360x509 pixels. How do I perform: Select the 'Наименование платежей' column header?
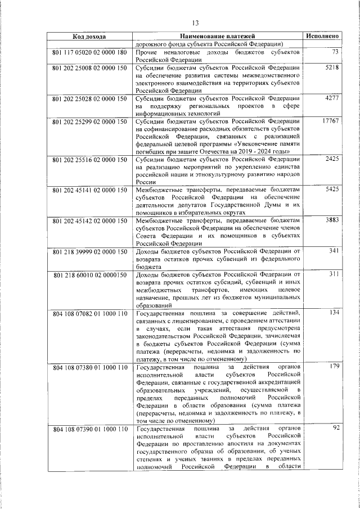pyautogui.click(x=218, y=36)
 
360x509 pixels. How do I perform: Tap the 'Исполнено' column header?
pyautogui.click(x=322, y=36)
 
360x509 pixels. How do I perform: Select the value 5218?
pyautogui.click(x=331, y=67)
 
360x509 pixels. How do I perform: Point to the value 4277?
pyautogui.click(x=331, y=98)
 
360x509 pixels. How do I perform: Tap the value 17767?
pyautogui.click(x=330, y=121)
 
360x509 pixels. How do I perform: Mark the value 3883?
pyautogui.click(x=331, y=222)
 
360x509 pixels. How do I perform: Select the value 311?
pyautogui.click(x=333, y=274)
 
